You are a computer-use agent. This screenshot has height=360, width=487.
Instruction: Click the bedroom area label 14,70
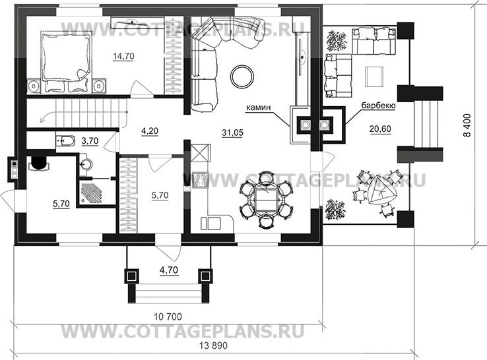click(x=123, y=57)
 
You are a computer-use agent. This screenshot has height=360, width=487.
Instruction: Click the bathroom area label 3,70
click(x=90, y=141)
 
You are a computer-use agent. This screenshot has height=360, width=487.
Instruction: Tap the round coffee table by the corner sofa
click(x=241, y=75)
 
